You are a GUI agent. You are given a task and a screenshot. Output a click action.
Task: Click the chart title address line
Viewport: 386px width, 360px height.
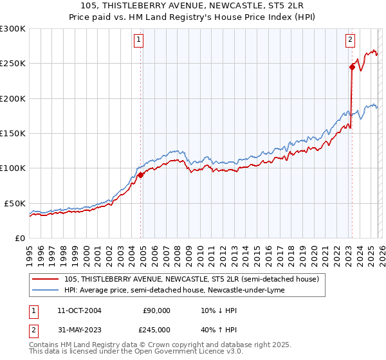193,5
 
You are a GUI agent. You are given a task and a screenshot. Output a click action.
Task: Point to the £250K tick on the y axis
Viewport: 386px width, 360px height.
13,64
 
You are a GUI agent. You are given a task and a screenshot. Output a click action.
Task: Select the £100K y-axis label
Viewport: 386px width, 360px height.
13,168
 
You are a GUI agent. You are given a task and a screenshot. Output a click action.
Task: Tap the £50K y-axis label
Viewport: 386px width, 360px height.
15,203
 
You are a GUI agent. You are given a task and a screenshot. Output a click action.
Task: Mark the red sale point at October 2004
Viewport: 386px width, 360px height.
140,175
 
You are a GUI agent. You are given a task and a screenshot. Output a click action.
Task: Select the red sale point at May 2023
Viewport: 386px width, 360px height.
352,67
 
